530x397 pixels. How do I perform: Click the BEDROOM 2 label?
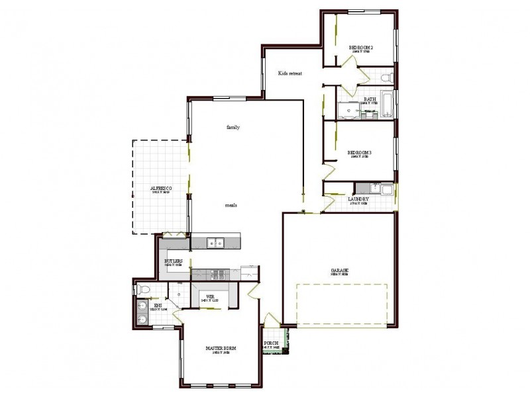(x=361, y=47)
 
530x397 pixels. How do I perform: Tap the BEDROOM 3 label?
(x=360, y=153)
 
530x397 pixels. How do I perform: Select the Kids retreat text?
(x=290, y=73)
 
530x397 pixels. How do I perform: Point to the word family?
(x=233, y=126)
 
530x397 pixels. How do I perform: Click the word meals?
(x=231, y=205)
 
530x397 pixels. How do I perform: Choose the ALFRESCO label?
(x=161, y=189)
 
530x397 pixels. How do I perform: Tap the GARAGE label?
(x=340, y=271)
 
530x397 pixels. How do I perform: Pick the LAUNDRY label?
(x=358, y=198)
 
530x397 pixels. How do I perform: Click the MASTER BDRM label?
(x=221, y=348)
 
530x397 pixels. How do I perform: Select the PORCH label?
(x=271, y=343)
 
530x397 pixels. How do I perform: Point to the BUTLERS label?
(x=174, y=261)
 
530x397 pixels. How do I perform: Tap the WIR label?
(x=210, y=297)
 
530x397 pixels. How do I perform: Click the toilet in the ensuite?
(x=141, y=288)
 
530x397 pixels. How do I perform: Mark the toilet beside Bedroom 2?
(x=388, y=79)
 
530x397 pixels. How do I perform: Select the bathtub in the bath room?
(x=387, y=104)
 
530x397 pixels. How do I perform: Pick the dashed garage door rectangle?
(x=341, y=305)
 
